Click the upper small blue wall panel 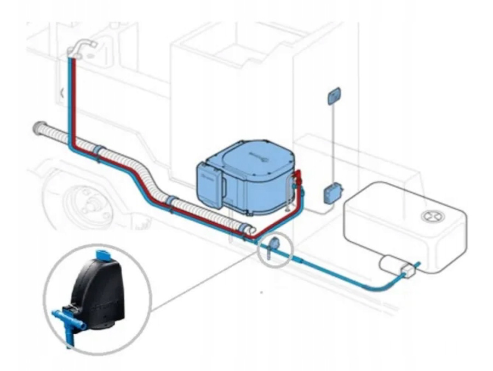(x=334, y=97)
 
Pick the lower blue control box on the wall (x=333, y=193)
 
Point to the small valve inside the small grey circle (x=273, y=246)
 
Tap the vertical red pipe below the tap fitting (x=76, y=98)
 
